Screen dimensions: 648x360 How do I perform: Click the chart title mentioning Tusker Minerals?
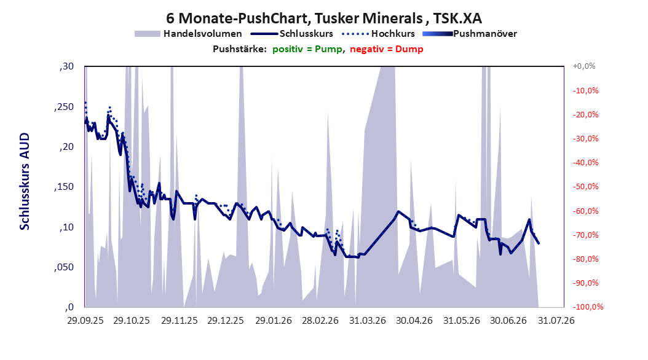click(x=324, y=18)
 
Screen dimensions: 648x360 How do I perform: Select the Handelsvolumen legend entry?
click(x=189, y=34)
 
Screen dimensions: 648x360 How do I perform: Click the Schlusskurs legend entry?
click(x=292, y=34)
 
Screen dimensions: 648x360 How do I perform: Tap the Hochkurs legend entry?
click(x=379, y=34)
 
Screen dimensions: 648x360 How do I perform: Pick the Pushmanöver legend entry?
click(x=470, y=34)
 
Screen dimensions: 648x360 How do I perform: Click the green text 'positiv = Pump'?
click(x=307, y=49)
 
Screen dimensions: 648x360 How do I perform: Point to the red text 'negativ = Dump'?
click(x=387, y=49)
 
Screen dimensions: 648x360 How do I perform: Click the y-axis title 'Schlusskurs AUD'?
click(x=25, y=181)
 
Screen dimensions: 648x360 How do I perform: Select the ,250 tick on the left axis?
click(x=64, y=106)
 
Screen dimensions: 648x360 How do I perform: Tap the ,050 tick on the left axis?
click(x=64, y=267)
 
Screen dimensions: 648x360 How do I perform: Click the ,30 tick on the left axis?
click(x=66, y=66)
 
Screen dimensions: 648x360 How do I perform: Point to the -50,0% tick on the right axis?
click(x=585, y=187)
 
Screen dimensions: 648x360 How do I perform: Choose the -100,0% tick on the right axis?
click(x=588, y=307)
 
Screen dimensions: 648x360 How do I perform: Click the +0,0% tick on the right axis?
click(x=584, y=66)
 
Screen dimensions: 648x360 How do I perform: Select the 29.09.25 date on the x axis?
click(x=85, y=321)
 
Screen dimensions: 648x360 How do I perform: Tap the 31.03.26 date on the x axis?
click(x=368, y=321)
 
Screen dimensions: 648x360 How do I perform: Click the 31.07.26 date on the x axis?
click(x=556, y=321)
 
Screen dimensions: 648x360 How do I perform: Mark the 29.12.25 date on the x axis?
click(x=226, y=321)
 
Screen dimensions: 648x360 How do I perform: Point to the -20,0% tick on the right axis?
click(x=585, y=114)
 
